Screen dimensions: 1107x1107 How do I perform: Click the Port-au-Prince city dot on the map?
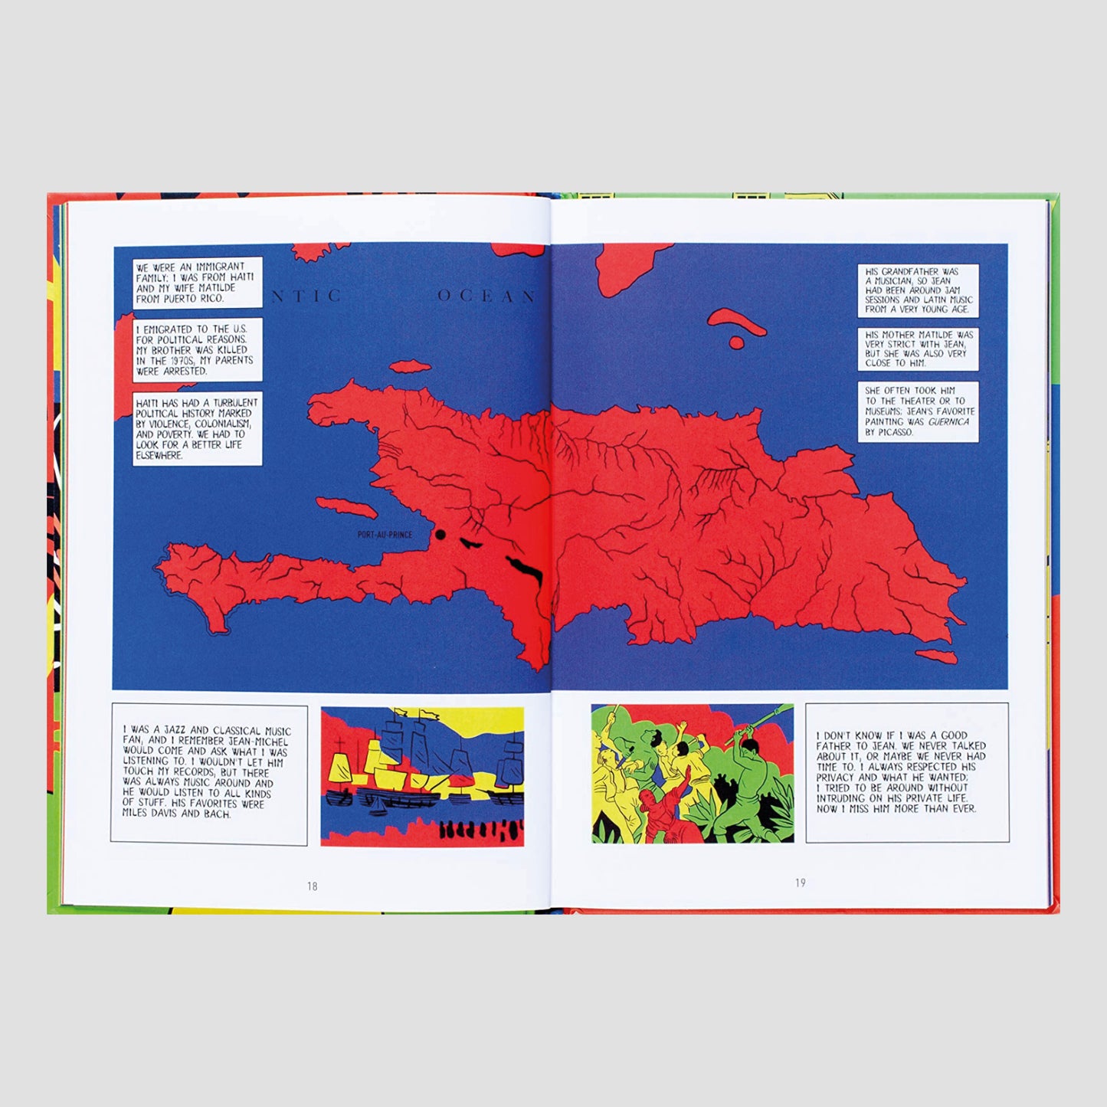click(x=441, y=535)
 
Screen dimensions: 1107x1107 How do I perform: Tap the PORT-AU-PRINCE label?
click(x=385, y=535)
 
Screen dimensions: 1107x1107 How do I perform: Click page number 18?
click(x=312, y=886)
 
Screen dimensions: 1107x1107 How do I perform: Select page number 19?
click(x=800, y=883)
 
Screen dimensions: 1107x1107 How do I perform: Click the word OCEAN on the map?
click(x=486, y=296)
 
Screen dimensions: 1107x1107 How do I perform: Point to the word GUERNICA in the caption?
click(x=948, y=421)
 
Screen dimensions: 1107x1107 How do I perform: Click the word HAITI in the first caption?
click(x=240, y=277)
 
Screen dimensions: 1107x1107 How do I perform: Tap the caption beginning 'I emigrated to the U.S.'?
click(x=197, y=349)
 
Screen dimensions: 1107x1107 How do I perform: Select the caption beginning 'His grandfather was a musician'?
click(x=918, y=290)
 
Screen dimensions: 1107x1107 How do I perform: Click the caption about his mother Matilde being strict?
click(x=918, y=349)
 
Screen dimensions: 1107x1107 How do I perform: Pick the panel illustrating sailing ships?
click(x=422, y=776)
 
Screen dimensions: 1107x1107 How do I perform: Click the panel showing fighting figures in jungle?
click(x=692, y=774)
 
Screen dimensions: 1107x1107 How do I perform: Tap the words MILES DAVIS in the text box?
click(x=159, y=814)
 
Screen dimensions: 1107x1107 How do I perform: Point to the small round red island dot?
click(x=736, y=342)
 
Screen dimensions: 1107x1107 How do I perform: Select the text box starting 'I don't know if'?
click(x=906, y=772)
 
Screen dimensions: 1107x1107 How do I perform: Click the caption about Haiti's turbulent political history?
click(x=197, y=429)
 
